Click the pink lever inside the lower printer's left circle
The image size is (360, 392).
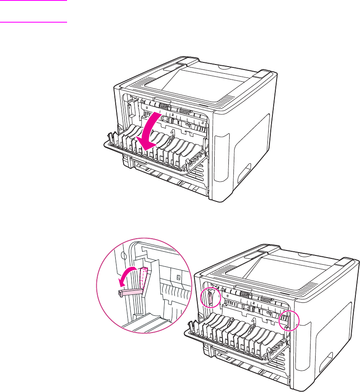point(210,298)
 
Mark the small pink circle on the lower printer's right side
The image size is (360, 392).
point(289,320)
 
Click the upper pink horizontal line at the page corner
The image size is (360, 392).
point(34,0)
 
